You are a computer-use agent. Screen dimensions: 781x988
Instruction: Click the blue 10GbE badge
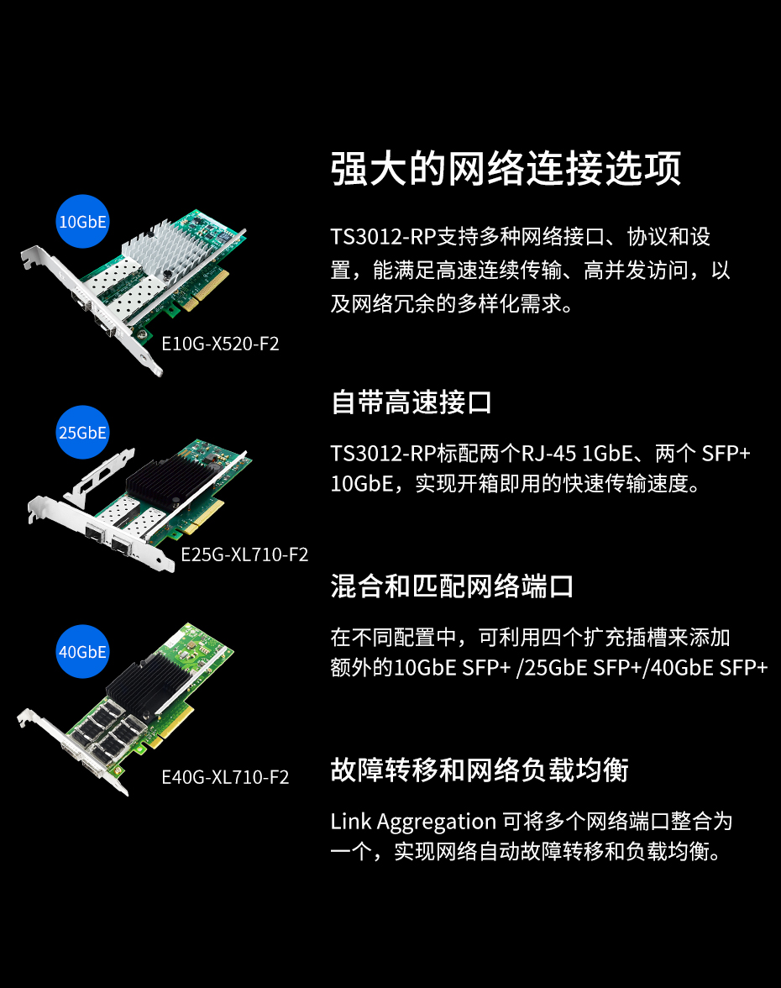82,221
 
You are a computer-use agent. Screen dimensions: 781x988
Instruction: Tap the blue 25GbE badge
82,432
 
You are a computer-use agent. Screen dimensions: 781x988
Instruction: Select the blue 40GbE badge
82,652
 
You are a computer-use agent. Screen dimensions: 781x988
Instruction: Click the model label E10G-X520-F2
220,344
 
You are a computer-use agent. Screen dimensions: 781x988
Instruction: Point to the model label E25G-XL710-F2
244,554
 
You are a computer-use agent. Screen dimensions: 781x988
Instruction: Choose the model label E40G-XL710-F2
225,778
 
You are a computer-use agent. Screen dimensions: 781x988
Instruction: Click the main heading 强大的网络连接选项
506,168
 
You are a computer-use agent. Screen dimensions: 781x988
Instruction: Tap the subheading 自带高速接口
411,402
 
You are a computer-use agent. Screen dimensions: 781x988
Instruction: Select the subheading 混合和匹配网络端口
452,586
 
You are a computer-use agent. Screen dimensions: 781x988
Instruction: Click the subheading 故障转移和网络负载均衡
480,770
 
